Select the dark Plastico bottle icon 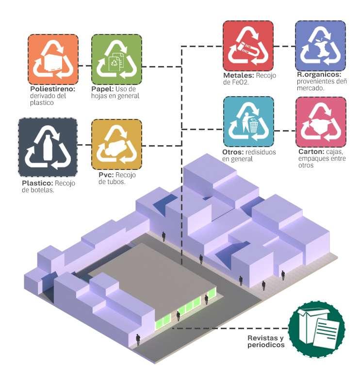pyautogui.click(x=47, y=147)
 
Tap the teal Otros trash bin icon pyautogui.click(x=248, y=121)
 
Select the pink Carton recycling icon pyautogui.click(x=321, y=122)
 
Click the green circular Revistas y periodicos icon pyautogui.click(x=316, y=325)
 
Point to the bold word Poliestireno pyautogui.click(x=52, y=89)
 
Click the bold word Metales pyautogui.click(x=238, y=75)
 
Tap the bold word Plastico pyautogui.click(x=37, y=184)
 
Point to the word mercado pyautogui.click(x=312, y=88)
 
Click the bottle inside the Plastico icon pyautogui.click(x=48, y=148)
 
